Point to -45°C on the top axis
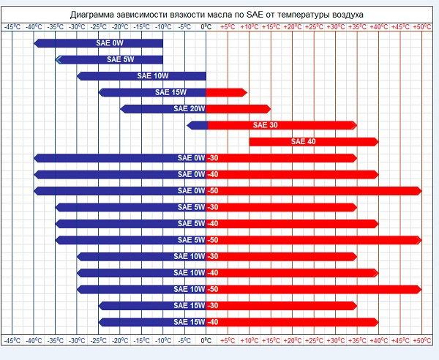pyautogui.click(x=12, y=26)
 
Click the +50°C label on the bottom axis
pyautogui.click(x=422, y=340)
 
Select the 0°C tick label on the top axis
pyautogui.click(x=206, y=26)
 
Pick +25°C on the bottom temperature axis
pyautogui.click(x=314, y=340)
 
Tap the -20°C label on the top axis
pyautogui.click(x=120, y=26)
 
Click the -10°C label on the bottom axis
pyautogui.click(x=163, y=340)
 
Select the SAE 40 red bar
pyautogui.click(x=329, y=142)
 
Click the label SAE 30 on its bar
pyautogui.click(x=265, y=125)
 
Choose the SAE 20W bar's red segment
pyautogui.click(x=238, y=109)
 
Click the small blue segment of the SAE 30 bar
pyautogui.click(x=197, y=125)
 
